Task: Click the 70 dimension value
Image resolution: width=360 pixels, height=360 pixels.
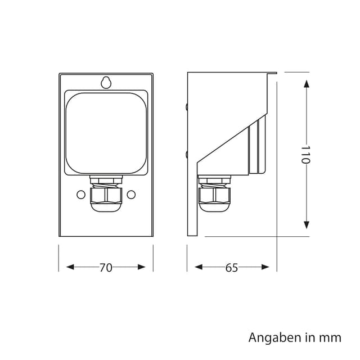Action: tap(106, 268)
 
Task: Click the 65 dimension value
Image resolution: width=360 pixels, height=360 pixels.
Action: tap(231, 268)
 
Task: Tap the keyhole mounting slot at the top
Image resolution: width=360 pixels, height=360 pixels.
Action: tap(106, 82)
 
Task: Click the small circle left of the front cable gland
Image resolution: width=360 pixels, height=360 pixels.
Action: tap(80, 194)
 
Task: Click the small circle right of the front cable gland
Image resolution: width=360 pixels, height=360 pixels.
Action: tap(132, 194)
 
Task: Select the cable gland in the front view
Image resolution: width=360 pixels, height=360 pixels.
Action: tap(106, 195)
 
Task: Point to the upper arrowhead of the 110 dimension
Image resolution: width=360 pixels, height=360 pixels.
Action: tap(306, 83)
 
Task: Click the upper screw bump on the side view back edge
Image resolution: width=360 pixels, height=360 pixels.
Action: tap(186, 105)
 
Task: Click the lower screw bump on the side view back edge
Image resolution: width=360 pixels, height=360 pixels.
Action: tap(186, 153)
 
